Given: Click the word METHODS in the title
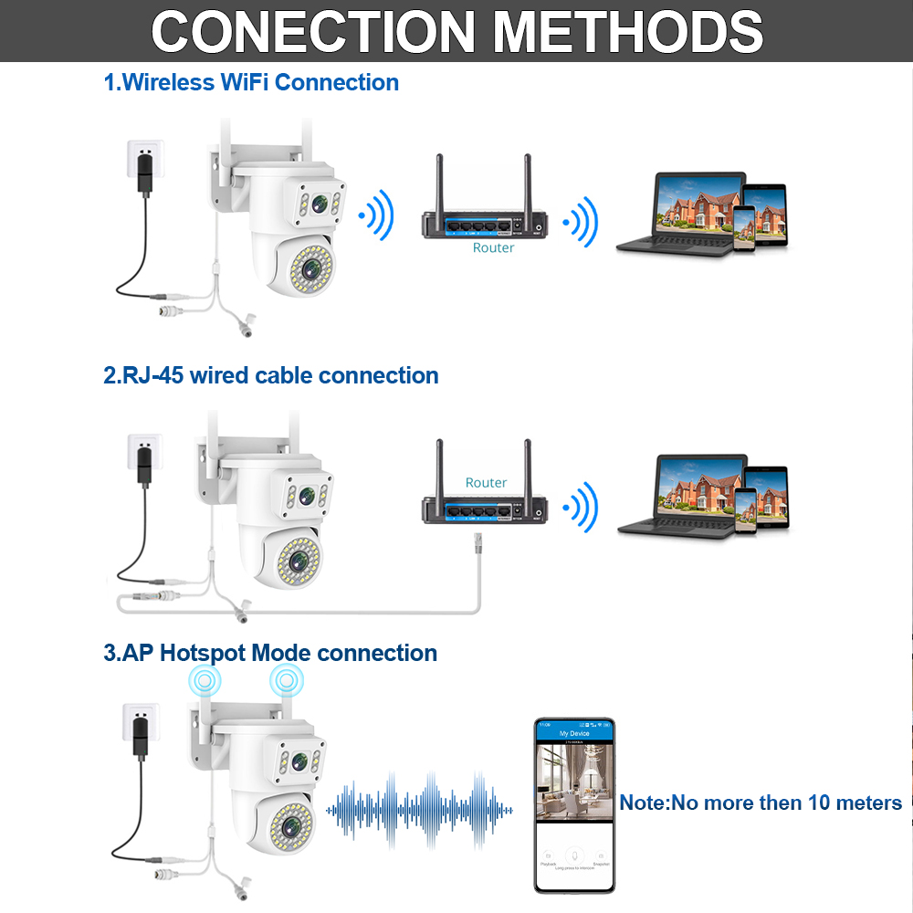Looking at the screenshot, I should [628, 31].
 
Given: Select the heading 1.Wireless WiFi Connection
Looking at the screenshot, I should [251, 82].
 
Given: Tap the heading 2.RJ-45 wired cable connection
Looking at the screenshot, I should [271, 375].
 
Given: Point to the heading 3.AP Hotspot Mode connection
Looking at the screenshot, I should [270, 653].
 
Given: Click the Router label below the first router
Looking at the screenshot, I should [493, 247].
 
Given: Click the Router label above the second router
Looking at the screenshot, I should [486, 482].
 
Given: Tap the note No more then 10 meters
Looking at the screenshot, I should [761, 803].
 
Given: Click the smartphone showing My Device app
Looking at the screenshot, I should [574, 804].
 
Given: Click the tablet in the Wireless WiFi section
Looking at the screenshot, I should [763, 216].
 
